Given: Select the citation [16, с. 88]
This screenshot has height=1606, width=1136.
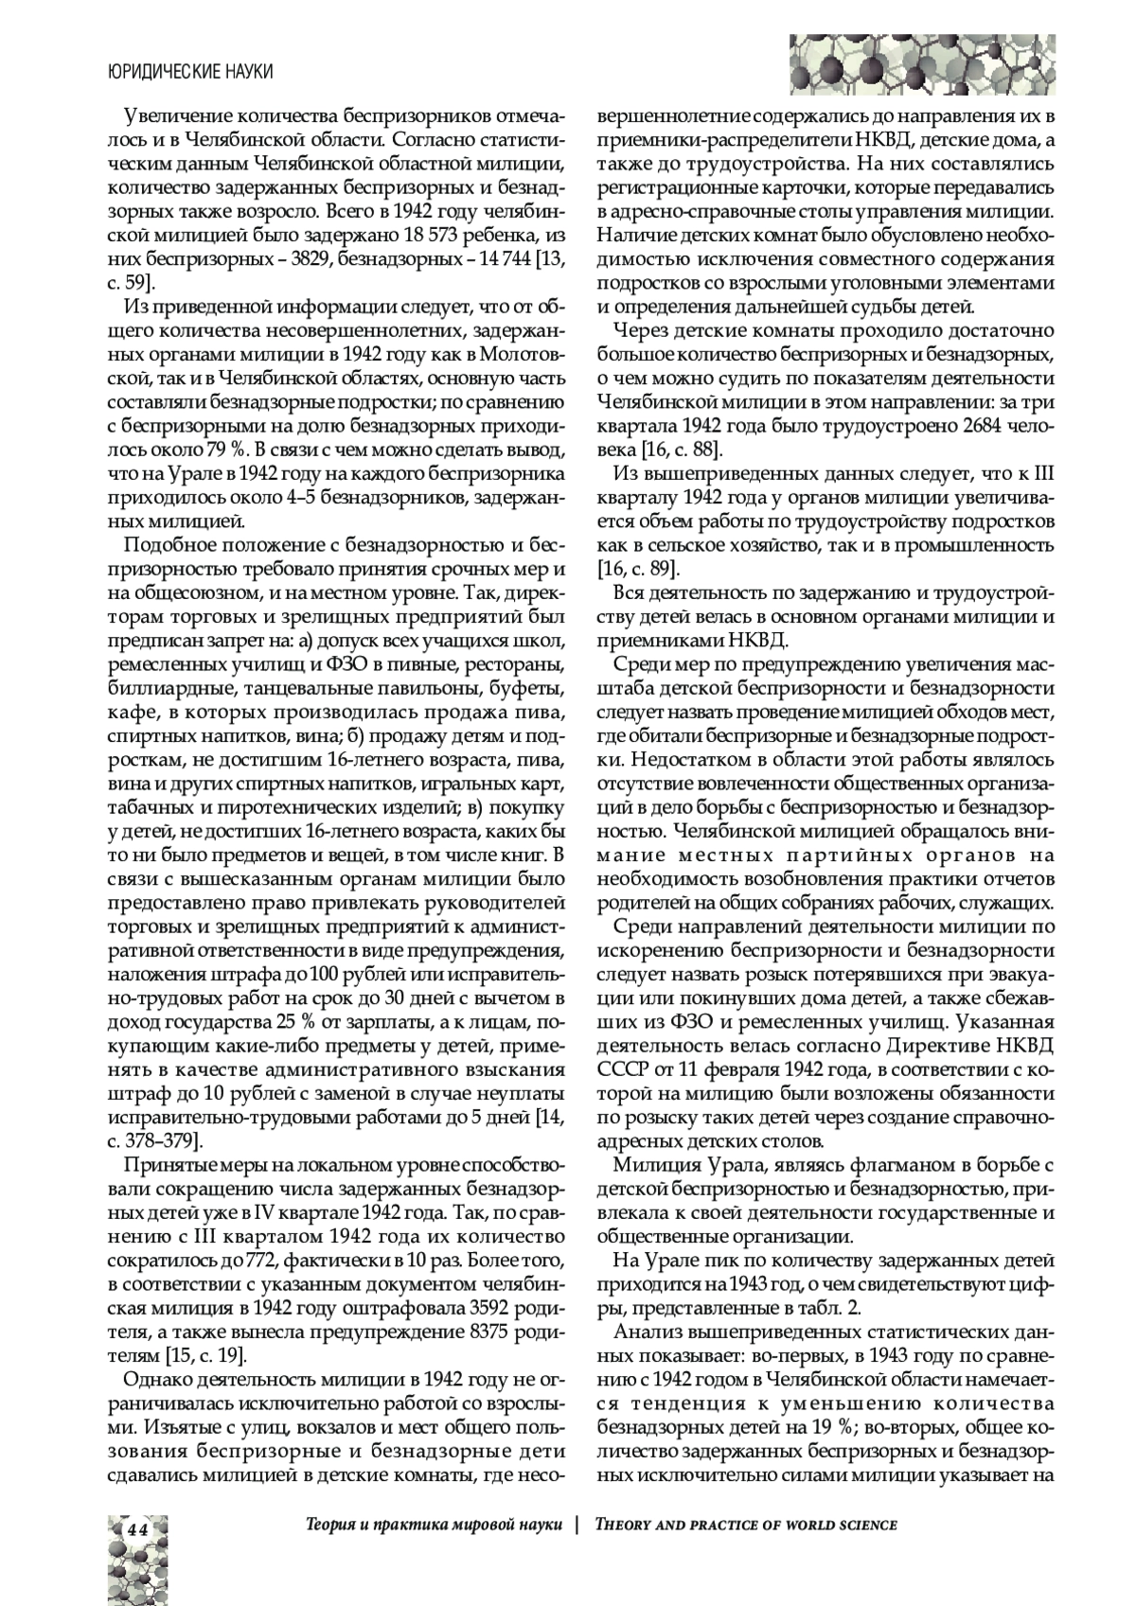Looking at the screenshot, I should click(x=682, y=449).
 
